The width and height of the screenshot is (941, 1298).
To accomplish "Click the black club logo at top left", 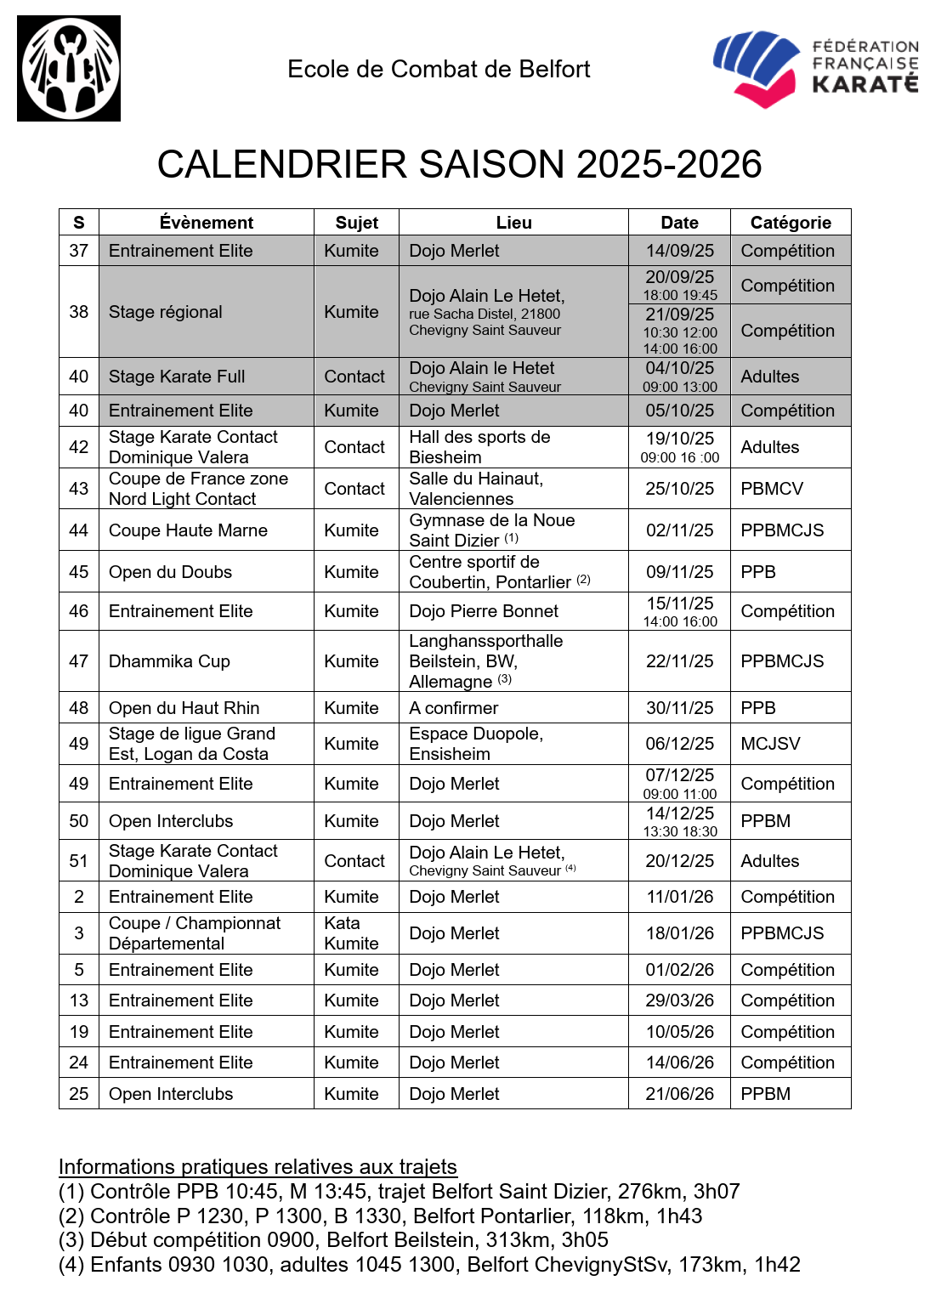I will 69,69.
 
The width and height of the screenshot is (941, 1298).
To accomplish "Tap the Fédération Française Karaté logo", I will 815,69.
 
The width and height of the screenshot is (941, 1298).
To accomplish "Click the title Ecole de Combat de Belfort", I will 439,69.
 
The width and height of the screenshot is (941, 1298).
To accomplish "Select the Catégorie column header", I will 791,223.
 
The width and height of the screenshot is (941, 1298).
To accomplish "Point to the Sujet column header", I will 356,223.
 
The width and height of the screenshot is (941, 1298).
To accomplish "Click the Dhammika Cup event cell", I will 169,661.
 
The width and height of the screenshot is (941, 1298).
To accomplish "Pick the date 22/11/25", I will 679,661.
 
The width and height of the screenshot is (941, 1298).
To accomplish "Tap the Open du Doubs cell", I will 170,572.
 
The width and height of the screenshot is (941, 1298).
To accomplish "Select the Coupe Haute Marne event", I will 188,530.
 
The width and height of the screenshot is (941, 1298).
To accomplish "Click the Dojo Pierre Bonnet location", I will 484,611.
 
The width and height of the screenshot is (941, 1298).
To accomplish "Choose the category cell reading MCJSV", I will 770,744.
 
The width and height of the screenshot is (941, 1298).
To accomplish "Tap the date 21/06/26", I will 679,1094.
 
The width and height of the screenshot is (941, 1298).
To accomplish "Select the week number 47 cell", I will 79,661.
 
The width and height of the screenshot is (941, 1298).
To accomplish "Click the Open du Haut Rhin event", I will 184,708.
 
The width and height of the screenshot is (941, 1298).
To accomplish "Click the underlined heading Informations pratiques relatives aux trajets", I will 258,1166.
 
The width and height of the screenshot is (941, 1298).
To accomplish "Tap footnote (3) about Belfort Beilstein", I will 333,1239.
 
